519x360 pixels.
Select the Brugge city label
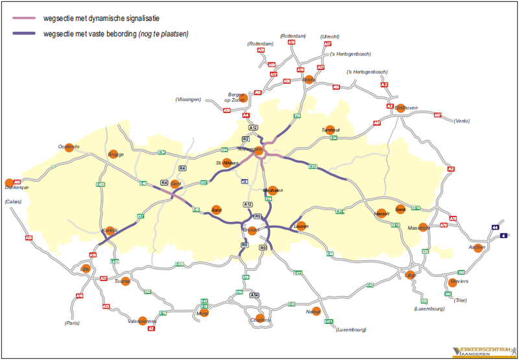115,155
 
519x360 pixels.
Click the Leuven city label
300,226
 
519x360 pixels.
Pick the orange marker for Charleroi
259,318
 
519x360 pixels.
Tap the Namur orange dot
316,312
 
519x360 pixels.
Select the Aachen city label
477,247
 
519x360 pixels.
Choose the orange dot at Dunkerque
9,183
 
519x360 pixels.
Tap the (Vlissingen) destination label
188,99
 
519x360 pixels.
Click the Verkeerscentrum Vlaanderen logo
483,351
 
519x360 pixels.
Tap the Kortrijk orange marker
110,232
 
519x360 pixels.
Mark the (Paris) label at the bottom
72,322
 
